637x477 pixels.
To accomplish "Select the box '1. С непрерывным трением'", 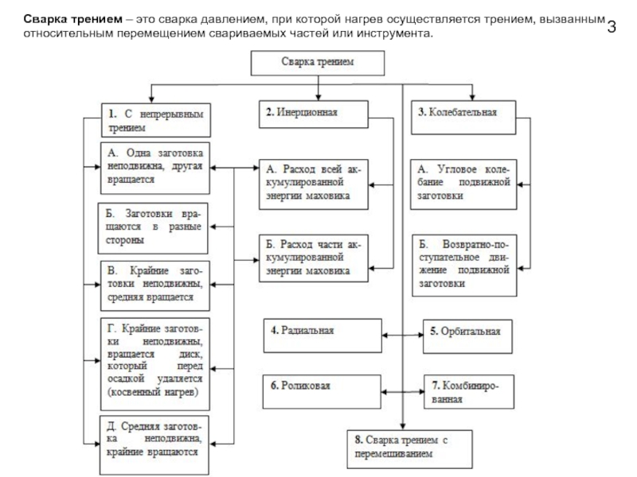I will (x=153, y=119).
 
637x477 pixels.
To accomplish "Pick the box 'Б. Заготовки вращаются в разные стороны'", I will (x=150, y=227).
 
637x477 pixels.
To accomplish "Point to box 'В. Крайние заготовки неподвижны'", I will (x=154, y=284).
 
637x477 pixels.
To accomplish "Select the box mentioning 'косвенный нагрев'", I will (x=154, y=361).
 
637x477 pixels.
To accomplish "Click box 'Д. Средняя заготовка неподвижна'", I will (x=154, y=436).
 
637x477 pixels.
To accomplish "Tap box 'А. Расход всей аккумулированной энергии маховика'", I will (x=311, y=184).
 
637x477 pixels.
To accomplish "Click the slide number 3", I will (x=612, y=27).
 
